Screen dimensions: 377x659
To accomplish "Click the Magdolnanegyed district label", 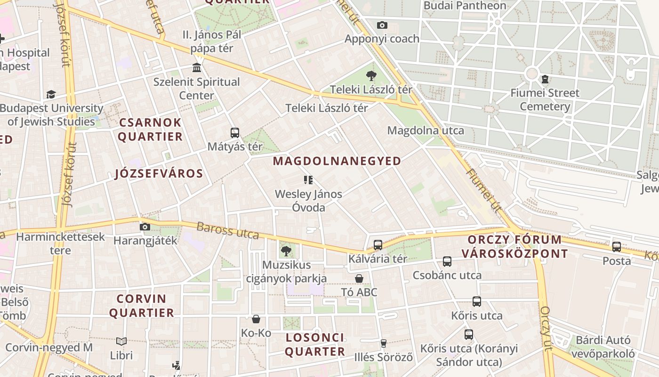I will click(x=337, y=161).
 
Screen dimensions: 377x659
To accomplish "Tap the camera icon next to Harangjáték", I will click(x=145, y=227).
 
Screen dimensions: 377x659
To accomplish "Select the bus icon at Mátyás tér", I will click(x=235, y=133).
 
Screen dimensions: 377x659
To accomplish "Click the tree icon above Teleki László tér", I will click(x=371, y=75).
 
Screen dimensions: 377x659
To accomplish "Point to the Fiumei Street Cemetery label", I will click(x=545, y=99).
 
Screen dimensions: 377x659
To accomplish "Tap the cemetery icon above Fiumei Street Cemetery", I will click(x=545, y=79).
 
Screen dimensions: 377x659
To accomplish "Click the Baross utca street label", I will click(x=228, y=231).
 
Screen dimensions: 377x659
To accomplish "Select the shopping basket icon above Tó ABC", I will click(x=359, y=279).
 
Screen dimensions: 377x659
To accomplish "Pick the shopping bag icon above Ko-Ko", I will click(x=256, y=319).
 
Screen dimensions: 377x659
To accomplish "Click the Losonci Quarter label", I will click(x=315, y=344).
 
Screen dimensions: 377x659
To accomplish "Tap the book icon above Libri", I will click(x=121, y=341).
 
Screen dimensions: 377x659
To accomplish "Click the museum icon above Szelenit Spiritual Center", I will click(x=197, y=68).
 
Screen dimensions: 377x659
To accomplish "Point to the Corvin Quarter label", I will click(x=142, y=305).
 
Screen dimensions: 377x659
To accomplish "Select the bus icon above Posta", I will click(x=617, y=246).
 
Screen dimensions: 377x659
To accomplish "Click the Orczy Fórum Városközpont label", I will click(x=514, y=246).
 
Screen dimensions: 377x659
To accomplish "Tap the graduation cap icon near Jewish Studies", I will click(x=51, y=94).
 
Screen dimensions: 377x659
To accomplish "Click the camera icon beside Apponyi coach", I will click(x=382, y=25).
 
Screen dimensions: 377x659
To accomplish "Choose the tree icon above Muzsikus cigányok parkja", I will click(x=286, y=251).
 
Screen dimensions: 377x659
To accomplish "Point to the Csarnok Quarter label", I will click(x=150, y=130).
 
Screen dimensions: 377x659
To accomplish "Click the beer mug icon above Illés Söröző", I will click(x=384, y=343).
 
